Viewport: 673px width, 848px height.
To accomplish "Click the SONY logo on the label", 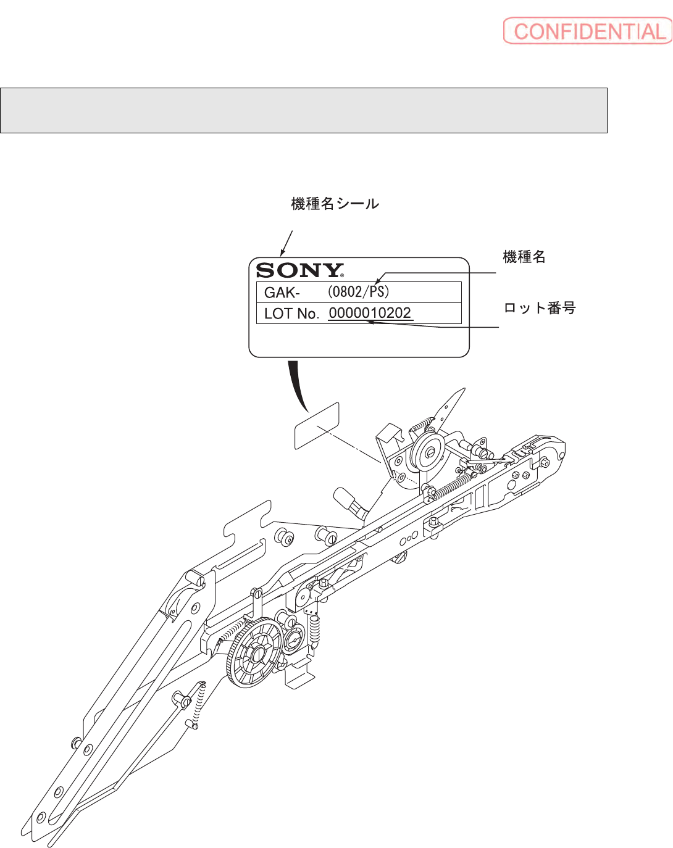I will tap(299, 270).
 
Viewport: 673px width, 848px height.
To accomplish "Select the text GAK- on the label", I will tap(282, 293).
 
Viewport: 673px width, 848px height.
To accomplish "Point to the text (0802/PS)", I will tap(358, 291).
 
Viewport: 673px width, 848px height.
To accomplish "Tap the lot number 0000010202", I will tap(370, 313).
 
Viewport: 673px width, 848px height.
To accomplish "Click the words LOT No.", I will tap(291, 314).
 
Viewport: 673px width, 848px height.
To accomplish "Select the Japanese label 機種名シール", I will tap(335, 204).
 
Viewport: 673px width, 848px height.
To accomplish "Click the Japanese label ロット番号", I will tap(540, 308).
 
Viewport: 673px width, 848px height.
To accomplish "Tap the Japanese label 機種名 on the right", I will tap(524, 257).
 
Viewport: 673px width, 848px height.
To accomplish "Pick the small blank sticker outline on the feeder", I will tap(317, 426).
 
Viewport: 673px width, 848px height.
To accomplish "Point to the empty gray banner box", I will tap(304, 110).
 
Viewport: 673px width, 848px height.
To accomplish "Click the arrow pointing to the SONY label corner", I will tap(286, 243).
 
